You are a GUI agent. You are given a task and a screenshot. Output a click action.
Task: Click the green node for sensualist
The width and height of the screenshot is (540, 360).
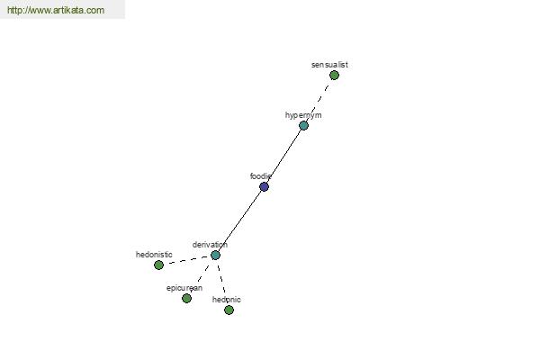coord(334,75)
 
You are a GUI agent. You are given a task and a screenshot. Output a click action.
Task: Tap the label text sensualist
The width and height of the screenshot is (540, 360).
coord(329,65)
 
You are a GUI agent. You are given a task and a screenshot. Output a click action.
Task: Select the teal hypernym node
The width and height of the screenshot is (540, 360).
coord(303,125)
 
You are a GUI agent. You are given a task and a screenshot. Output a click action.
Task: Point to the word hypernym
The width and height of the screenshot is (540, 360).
coord(303,115)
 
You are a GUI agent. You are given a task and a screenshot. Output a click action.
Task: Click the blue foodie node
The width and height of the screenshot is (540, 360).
coord(264,186)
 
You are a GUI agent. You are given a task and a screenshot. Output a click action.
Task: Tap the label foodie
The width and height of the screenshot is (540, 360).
coord(261,176)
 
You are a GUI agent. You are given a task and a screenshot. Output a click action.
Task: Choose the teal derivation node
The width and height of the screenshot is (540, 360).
coord(215,255)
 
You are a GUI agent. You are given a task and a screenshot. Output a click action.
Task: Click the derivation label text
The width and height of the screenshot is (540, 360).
coord(210,245)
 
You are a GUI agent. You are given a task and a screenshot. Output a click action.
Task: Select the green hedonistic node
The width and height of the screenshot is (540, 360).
coord(158,265)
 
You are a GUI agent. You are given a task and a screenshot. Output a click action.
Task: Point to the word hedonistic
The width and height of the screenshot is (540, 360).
coord(154,255)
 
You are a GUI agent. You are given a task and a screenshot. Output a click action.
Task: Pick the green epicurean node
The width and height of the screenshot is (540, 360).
coord(186,298)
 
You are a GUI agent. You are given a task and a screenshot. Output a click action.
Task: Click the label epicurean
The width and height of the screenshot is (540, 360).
coord(184,288)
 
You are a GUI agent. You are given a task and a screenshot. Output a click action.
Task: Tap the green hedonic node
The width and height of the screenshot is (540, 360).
coord(229,310)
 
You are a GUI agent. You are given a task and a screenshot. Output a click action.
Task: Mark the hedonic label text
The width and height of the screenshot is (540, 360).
coord(226,300)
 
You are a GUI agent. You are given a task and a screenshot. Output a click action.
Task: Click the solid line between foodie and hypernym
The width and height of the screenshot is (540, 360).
coord(283,156)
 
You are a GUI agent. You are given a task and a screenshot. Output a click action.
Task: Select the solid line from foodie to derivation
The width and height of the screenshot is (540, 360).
coord(239,220)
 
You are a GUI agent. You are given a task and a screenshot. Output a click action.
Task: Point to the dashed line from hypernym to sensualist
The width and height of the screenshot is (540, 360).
coord(319,100)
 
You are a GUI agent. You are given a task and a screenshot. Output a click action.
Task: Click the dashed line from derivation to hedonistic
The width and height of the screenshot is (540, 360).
coord(187,260)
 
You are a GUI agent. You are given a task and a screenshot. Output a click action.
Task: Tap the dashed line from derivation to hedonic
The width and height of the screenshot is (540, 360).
coord(222,283)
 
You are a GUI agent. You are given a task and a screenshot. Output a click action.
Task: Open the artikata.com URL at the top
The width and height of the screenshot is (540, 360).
coord(56,10)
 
